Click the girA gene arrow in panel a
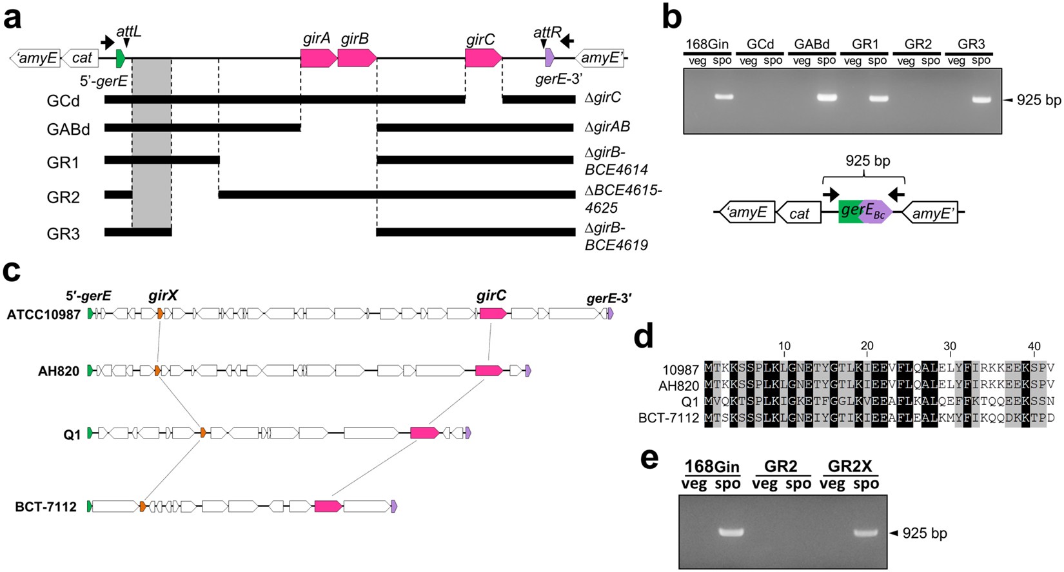tap(318, 58)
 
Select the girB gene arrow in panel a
tap(357, 58)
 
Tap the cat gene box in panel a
tap(82, 59)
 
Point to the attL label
tap(128, 31)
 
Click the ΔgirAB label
tap(607, 126)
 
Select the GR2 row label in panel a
tap(63, 197)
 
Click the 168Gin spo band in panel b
tap(724, 97)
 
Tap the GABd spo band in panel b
tap(826, 98)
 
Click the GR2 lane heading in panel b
tap(918, 44)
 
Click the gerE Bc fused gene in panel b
tap(865, 212)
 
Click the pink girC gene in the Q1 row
tap(424, 433)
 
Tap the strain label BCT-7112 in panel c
tap(46, 507)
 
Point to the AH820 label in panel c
tap(59, 371)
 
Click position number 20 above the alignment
tap(867, 347)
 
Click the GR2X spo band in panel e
tap(866, 533)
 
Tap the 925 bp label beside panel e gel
tap(925, 533)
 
